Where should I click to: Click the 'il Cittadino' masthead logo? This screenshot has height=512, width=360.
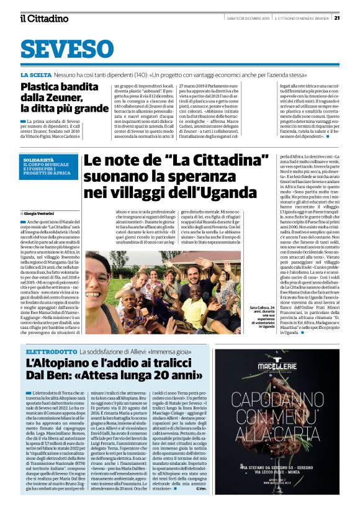click(x=44, y=19)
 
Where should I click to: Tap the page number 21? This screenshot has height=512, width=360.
click(x=336, y=17)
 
